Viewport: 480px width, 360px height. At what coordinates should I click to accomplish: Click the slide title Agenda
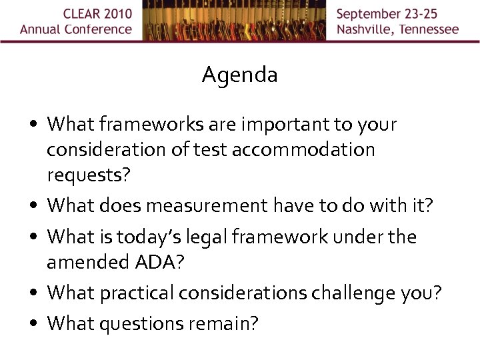coord(239,75)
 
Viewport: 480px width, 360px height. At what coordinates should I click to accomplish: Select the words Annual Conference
coord(76,29)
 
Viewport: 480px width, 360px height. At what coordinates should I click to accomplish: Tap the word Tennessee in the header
coord(427,29)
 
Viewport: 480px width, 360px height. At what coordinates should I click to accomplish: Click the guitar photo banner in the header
coord(234,21)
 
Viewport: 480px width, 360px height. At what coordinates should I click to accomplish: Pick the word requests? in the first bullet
coord(88,175)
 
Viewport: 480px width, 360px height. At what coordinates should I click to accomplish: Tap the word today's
coord(153,237)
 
